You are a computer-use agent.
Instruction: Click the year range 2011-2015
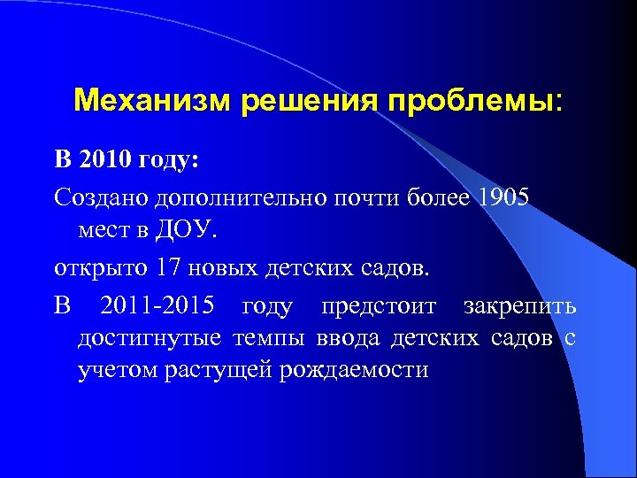coord(157,306)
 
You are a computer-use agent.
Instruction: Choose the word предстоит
coord(379,306)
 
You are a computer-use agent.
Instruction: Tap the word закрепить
coord(519,306)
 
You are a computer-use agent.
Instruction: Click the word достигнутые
coord(150,338)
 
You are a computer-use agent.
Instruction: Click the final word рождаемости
coord(354,370)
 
